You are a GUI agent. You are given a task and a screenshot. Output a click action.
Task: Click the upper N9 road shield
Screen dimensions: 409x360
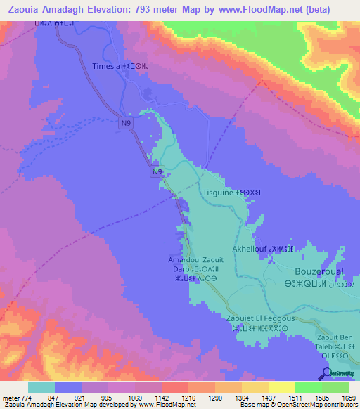click(125, 124)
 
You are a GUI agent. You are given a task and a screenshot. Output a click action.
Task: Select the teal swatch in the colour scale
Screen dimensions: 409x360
click(41, 387)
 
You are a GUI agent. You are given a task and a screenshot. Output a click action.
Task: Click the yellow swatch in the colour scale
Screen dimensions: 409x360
click(281, 387)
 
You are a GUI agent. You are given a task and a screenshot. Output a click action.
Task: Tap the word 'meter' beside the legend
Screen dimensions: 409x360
click(9, 398)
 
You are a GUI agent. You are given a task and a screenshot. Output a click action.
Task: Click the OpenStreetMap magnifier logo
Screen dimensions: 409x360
click(326, 374)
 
